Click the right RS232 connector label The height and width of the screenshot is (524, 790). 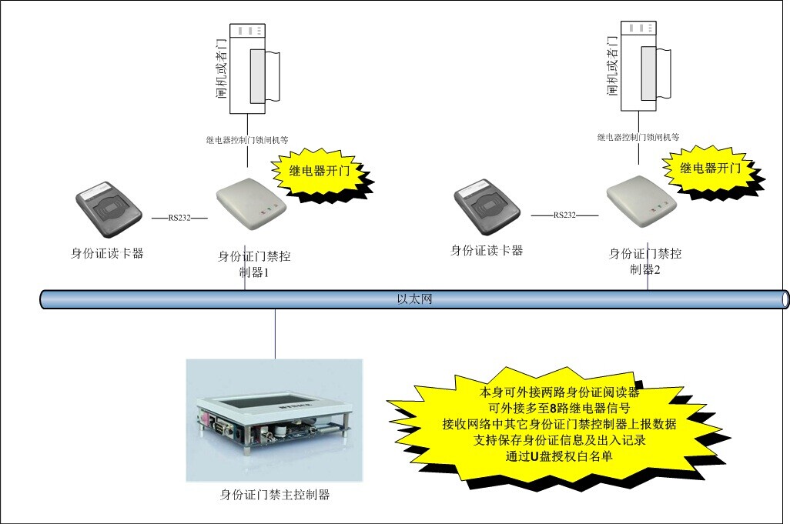564,215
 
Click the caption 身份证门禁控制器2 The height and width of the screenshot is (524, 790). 645,261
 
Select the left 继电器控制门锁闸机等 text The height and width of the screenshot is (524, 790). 246,140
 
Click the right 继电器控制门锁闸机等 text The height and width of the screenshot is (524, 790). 638,137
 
